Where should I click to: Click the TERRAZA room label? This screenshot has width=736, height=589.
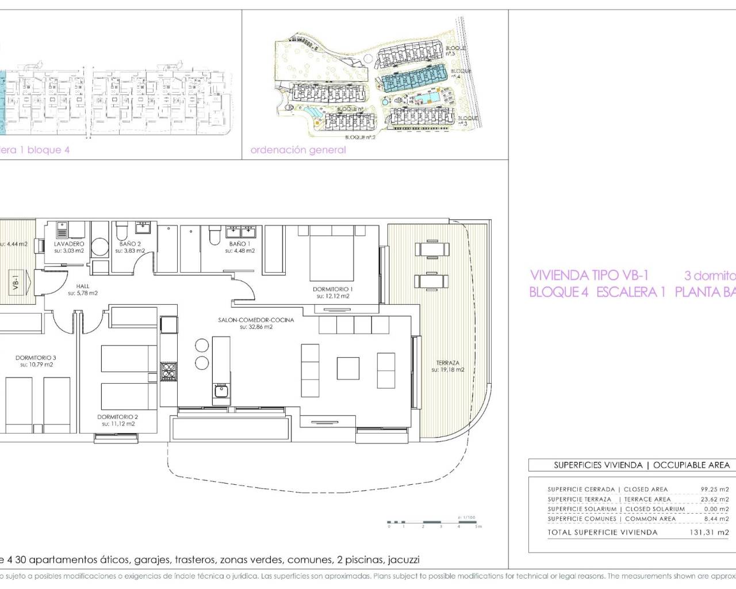pyautogui.click(x=447, y=363)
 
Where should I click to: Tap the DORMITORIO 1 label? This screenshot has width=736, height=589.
pyautogui.click(x=333, y=289)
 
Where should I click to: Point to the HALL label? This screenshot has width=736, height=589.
pyautogui.click(x=83, y=286)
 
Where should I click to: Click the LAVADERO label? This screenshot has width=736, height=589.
pyautogui.click(x=69, y=244)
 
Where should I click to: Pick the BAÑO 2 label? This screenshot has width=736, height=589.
pyautogui.click(x=131, y=244)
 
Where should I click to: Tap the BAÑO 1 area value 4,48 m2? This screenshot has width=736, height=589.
pyautogui.click(x=242, y=251)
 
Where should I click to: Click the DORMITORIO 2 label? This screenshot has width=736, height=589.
pyautogui.click(x=117, y=417)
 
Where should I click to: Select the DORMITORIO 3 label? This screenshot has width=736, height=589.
pyautogui.click(x=36, y=358)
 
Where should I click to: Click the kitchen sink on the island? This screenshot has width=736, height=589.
pyautogui.click(x=221, y=393)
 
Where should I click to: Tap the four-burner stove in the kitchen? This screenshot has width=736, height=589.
pyautogui.click(x=168, y=371)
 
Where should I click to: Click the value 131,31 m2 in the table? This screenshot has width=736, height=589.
pyautogui.click(x=709, y=533)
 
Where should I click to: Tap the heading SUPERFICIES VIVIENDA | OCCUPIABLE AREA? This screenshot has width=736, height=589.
pyautogui.click(x=641, y=465)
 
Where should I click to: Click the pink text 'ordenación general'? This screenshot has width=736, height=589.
pyautogui.click(x=298, y=150)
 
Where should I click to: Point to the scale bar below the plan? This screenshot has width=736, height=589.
pyautogui.click(x=434, y=523)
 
